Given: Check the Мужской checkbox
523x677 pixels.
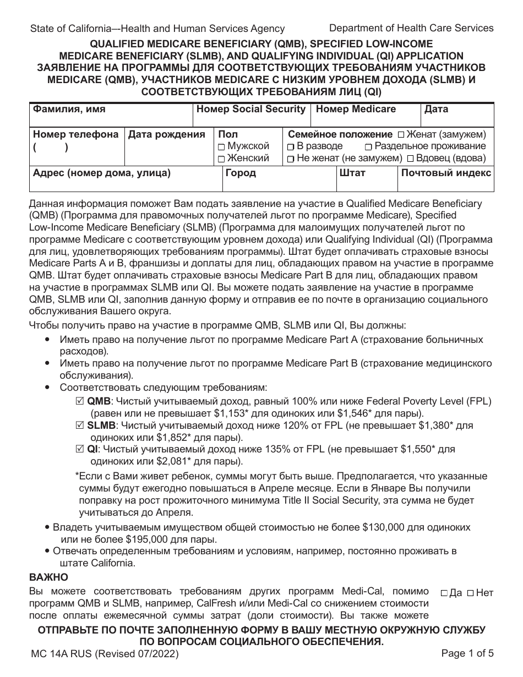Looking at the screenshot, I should pyautogui.click(x=221, y=146).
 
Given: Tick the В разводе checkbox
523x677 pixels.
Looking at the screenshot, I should pyautogui.click(x=290, y=146).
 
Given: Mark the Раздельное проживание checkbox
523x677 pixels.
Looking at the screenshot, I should pyautogui.click(x=368, y=146).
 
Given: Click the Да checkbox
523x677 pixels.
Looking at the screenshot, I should pyautogui.click(x=444, y=593).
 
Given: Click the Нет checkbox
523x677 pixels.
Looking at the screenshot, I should pyautogui.click(x=470, y=593).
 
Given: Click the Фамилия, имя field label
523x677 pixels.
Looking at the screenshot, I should pyautogui.click(x=69, y=109).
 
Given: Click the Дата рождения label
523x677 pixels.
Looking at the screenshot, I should pyautogui.click(x=166, y=134).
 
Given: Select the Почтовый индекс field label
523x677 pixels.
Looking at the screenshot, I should pyautogui.click(x=446, y=172).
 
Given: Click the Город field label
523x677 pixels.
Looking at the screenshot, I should pyautogui.click(x=240, y=172).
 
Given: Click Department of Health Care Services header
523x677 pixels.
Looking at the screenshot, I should pyautogui.click(x=411, y=28).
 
